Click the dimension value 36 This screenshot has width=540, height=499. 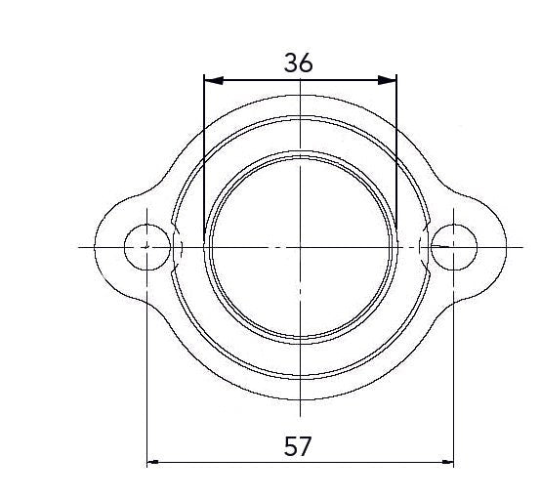(x=299, y=62)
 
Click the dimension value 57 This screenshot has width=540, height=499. (x=298, y=446)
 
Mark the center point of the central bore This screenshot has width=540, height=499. (x=301, y=245)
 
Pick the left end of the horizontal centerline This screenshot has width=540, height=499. (x=80, y=245)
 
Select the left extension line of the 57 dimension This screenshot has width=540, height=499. (x=146, y=371)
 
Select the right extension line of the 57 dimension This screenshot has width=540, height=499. (x=454, y=371)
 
